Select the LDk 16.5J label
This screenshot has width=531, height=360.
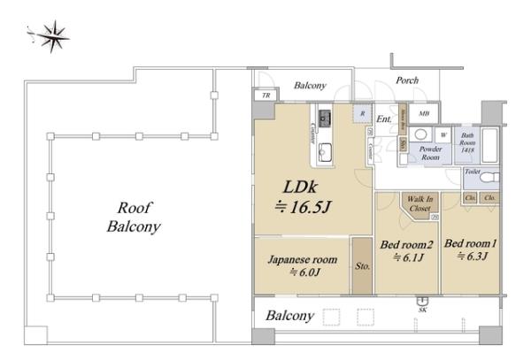pos(305,197)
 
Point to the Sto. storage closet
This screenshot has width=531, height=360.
pos(361,265)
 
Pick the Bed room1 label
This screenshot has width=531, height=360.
pos(467,248)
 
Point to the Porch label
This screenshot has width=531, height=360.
pos(407,80)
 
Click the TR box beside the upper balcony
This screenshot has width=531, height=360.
pos(265,96)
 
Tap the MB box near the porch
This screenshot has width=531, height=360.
pos(424,113)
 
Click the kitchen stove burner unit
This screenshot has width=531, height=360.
pos(325,117)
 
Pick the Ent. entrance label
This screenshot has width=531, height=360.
pos(383,119)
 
